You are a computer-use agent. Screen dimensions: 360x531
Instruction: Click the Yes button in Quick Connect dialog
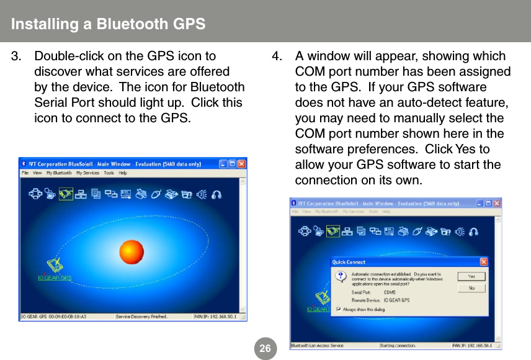(x=471, y=276)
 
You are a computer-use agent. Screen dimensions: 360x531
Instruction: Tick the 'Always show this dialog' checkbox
(x=338, y=309)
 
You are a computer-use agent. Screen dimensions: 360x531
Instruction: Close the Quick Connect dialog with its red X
(x=484, y=262)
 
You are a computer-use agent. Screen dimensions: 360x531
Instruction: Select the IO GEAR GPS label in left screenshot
(x=55, y=277)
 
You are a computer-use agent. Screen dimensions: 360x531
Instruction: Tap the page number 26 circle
(x=265, y=349)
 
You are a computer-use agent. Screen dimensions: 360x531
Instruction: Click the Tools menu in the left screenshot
(x=109, y=173)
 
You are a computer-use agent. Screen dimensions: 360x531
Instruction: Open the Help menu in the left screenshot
(x=123, y=173)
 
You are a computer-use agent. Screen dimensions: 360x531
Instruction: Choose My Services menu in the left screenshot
(x=87, y=173)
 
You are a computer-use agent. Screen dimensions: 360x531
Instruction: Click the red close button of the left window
(x=241, y=164)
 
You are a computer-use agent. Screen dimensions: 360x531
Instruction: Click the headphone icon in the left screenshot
(x=216, y=194)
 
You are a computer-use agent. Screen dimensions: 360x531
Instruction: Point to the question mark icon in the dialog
(x=341, y=276)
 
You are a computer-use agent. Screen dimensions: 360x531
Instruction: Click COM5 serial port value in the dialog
(x=390, y=292)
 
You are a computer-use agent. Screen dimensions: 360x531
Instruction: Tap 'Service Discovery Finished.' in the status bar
(x=142, y=317)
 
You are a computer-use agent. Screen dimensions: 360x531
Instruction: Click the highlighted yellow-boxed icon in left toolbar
(x=66, y=195)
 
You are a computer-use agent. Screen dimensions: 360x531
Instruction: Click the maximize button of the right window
(x=488, y=203)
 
